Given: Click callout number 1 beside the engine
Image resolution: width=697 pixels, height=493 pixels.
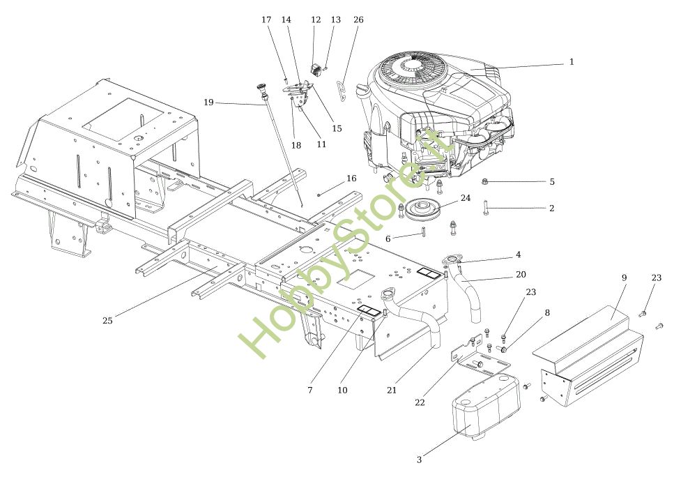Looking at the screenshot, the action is pyautogui.click(x=572, y=62).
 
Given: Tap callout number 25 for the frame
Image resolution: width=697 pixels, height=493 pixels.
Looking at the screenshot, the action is pyautogui.click(x=107, y=321).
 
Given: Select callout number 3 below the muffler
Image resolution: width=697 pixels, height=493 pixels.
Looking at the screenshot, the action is pyautogui.click(x=419, y=460).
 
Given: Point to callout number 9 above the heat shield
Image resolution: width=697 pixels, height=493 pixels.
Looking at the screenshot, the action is pyautogui.click(x=624, y=278).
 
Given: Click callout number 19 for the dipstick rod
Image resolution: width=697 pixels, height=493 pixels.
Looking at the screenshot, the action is pyautogui.click(x=208, y=103).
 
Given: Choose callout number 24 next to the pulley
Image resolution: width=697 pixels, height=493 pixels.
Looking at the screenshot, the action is pyautogui.click(x=466, y=198).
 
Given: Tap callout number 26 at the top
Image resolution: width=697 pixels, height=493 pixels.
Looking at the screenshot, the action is pyautogui.click(x=358, y=20).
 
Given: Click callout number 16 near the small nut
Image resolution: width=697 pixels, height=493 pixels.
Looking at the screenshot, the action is pyautogui.click(x=351, y=179).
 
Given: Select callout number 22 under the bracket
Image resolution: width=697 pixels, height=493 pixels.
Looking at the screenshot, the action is pyautogui.click(x=420, y=402).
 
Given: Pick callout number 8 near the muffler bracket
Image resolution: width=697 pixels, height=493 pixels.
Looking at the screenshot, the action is pyautogui.click(x=547, y=313).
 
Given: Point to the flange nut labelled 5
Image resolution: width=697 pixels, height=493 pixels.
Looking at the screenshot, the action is pyautogui.click(x=485, y=181).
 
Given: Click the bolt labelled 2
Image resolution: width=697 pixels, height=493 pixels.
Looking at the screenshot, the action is pyautogui.click(x=486, y=208).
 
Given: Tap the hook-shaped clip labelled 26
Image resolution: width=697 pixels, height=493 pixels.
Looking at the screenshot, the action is pyautogui.click(x=342, y=91).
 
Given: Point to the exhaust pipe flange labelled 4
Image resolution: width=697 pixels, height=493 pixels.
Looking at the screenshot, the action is pyautogui.click(x=451, y=259).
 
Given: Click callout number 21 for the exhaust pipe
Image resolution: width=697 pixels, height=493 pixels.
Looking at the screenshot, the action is pyautogui.click(x=391, y=390).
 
